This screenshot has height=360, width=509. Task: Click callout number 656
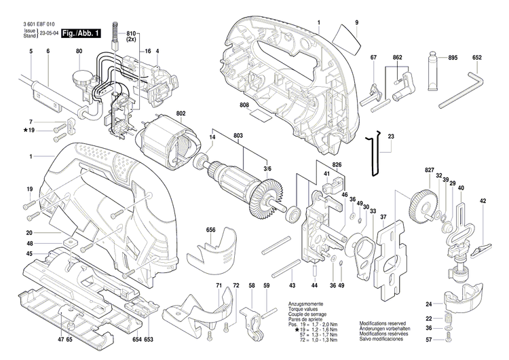tap(211, 231)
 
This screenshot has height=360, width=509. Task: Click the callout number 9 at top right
tap(356, 24)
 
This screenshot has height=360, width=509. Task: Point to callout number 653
tap(148, 338)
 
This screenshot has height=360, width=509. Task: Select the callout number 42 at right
tap(483, 201)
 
